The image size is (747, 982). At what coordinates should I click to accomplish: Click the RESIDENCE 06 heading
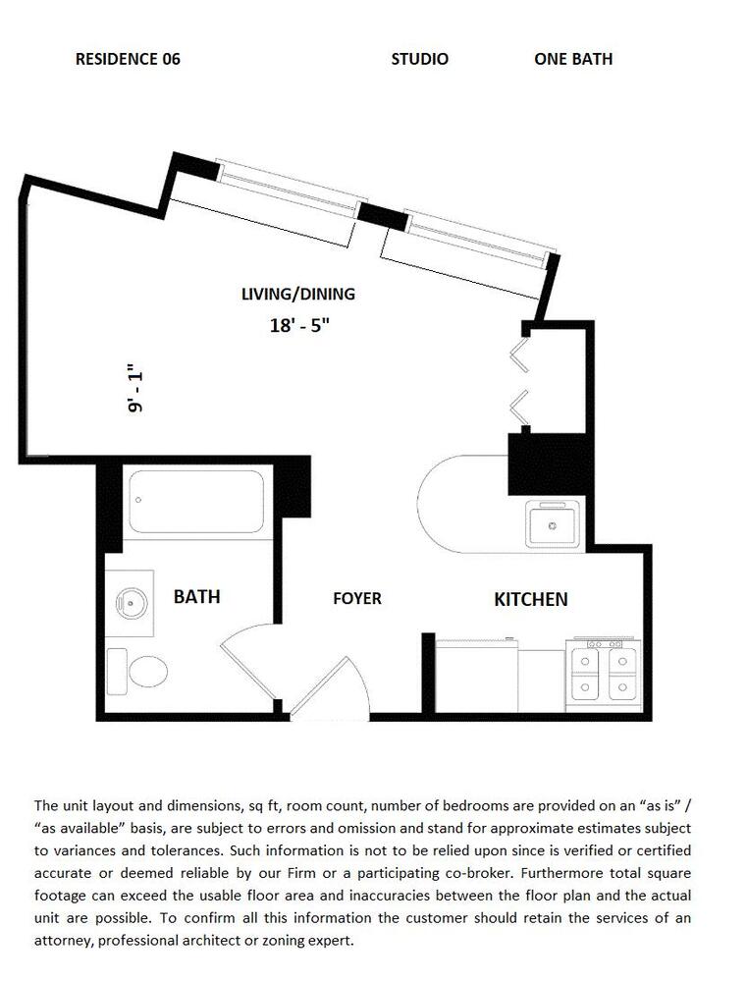tap(128, 59)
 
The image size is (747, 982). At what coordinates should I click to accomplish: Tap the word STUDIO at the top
tap(419, 59)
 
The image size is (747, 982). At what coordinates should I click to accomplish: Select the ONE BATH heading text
tap(573, 59)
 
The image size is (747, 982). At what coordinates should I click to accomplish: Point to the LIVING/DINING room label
tap(298, 294)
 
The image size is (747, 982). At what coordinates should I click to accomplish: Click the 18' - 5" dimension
tap(300, 325)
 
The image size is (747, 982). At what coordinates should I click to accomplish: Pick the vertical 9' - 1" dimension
tap(134, 388)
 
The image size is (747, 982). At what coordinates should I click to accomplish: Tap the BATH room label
tap(196, 596)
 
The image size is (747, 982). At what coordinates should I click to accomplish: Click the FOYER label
tap(357, 599)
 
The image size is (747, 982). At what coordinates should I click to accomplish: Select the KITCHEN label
tap(530, 599)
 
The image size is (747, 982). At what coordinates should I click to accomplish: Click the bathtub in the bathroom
tap(196, 502)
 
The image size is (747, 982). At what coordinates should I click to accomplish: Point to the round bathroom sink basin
tap(132, 603)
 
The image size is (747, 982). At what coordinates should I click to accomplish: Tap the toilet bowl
tap(148, 672)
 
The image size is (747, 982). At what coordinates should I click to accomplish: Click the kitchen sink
tap(553, 525)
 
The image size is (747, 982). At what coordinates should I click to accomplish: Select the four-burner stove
tap(604, 676)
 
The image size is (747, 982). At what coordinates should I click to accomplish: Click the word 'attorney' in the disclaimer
tap(62, 941)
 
